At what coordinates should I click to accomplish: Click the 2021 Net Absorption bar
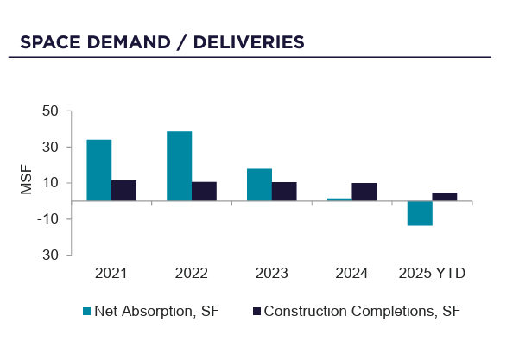tap(99, 170)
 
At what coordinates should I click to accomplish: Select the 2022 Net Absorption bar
tap(180, 166)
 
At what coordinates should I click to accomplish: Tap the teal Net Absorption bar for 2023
tap(260, 185)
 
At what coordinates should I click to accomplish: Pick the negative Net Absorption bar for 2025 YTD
tap(420, 213)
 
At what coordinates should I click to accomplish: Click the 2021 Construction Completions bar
tap(124, 191)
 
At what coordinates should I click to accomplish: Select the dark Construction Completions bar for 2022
tap(205, 192)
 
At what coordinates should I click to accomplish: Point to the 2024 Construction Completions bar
tap(364, 192)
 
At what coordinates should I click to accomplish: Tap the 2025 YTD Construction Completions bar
tap(445, 197)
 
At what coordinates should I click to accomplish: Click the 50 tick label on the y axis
tap(49, 111)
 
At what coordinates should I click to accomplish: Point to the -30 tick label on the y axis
tap(47, 256)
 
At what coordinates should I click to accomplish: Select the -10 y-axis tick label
tap(47, 219)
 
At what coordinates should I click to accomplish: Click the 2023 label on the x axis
tap(272, 274)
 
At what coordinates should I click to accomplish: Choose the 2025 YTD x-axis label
tap(432, 274)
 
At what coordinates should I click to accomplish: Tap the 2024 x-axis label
tap(352, 274)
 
